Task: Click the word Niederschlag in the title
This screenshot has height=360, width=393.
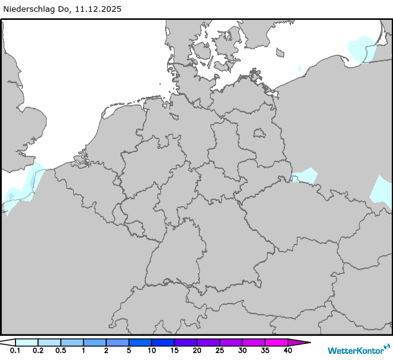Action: click(30, 9)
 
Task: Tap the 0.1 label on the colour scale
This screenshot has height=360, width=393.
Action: click(15, 351)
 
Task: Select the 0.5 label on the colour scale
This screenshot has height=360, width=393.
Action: click(60, 351)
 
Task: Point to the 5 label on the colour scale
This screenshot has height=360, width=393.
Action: click(129, 351)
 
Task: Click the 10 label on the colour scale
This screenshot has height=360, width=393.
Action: click(151, 351)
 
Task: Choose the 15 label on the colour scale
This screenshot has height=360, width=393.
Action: click(174, 351)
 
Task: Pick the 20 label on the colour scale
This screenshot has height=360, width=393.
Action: click(197, 351)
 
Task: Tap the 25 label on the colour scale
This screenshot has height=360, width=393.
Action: click(219, 351)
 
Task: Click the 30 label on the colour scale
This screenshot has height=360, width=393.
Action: click(242, 351)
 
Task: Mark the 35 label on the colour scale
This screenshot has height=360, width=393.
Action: click(264, 351)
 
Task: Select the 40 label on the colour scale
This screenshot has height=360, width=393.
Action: click(287, 351)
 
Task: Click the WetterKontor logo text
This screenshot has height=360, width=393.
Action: click(355, 350)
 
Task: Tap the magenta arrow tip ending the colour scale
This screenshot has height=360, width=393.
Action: click(306, 342)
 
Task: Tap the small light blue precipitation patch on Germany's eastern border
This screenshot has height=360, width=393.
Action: click(304, 177)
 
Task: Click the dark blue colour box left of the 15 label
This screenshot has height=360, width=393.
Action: click(163, 342)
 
